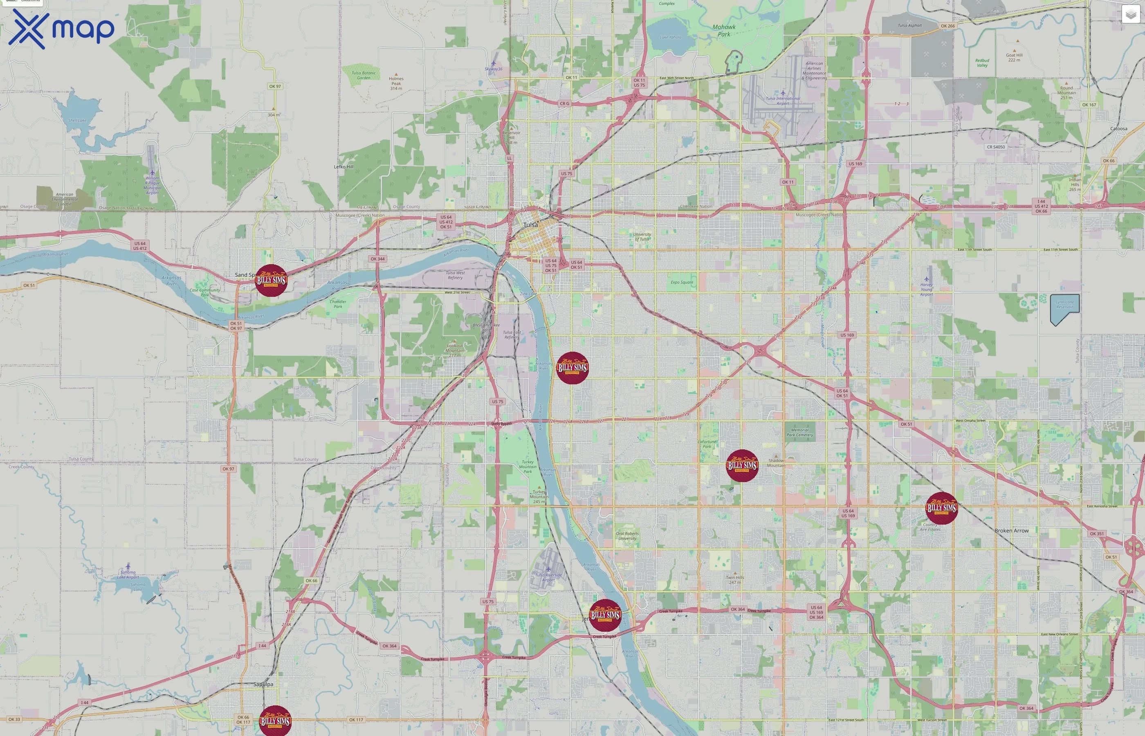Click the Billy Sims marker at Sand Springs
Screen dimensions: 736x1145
pyautogui.click(x=271, y=280)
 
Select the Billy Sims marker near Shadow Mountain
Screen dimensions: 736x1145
pyautogui.click(x=742, y=465)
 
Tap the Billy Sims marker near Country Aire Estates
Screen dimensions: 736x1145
pyautogui.click(x=941, y=508)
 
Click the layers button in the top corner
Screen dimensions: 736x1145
pyautogui.click(x=1131, y=14)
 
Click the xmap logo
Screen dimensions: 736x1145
pyautogui.click(x=61, y=29)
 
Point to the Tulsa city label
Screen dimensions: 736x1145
pyautogui.click(x=530, y=224)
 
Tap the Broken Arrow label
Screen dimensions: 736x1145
pyautogui.click(x=1011, y=530)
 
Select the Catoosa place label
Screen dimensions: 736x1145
pyautogui.click(x=1118, y=128)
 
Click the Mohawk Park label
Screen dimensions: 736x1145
pyautogui.click(x=724, y=31)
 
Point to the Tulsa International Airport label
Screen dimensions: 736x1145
pyautogui.click(x=783, y=101)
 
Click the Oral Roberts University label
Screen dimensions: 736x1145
pyautogui.click(x=627, y=536)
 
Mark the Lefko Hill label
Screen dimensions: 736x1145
pyautogui.click(x=343, y=167)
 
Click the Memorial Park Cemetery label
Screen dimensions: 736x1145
pyautogui.click(x=799, y=433)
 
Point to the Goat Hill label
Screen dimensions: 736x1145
pyautogui.click(x=1014, y=57)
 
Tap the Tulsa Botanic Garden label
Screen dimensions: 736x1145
pyautogui.click(x=364, y=76)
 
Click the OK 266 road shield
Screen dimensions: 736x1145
pyautogui.click(x=947, y=26)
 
